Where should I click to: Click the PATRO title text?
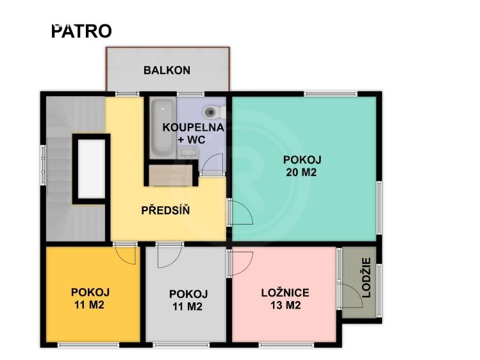point(81,31)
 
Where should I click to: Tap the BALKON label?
point(167,70)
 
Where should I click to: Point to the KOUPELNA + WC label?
point(193,133)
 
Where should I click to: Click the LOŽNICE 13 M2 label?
point(285,299)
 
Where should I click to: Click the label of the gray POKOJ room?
point(188,300)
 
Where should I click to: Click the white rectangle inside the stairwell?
point(89,169)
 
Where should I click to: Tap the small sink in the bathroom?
point(188,152)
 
